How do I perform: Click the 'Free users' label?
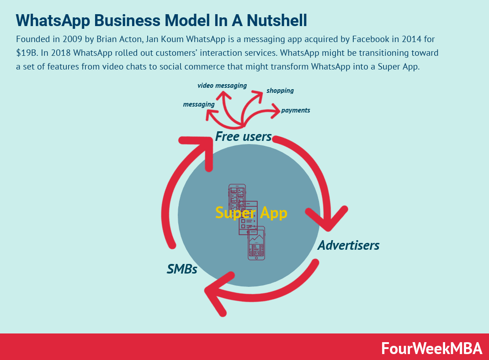pyautogui.click(x=243, y=136)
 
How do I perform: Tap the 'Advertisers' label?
pyautogui.click(x=348, y=245)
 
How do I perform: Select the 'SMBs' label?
pyautogui.click(x=182, y=269)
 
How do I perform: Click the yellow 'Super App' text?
pyautogui.click(x=251, y=213)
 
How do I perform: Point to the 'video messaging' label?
pyautogui.click(x=222, y=86)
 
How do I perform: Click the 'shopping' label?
pyautogui.click(x=280, y=91)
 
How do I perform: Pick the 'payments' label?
pyautogui.click(x=295, y=110)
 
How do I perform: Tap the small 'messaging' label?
pyautogui.click(x=199, y=104)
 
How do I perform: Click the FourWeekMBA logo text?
pyautogui.click(x=431, y=349)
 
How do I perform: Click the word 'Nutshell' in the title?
pyautogui.click(x=277, y=21)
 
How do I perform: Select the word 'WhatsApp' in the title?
pyautogui.click(x=53, y=21)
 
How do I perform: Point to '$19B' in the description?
pyautogui.click(x=27, y=53)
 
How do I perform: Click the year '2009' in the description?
pyautogui.click(x=72, y=39)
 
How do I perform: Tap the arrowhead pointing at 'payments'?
pyautogui.click(x=276, y=111)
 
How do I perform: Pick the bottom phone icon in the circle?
pyautogui.click(x=256, y=243)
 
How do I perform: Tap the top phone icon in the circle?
pyautogui.click(x=237, y=197)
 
